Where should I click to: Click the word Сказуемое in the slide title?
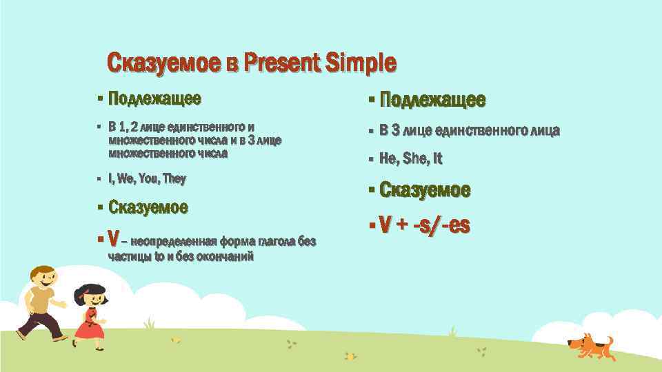click(x=163, y=63)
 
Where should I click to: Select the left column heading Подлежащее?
click(x=155, y=99)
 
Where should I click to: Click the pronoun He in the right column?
click(x=389, y=159)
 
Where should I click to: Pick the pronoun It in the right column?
click(x=437, y=159)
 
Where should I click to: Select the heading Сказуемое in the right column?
click(x=425, y=189)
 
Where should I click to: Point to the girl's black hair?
click(x=90, y=291)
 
